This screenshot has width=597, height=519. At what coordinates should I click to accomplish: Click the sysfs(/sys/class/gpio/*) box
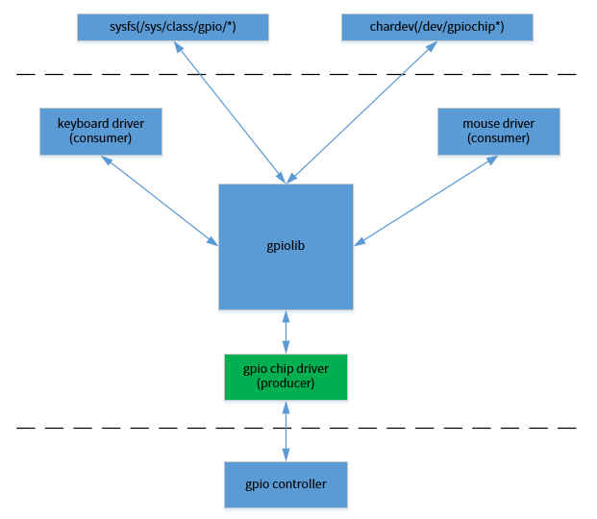pyautogui.click(x=173, y=27)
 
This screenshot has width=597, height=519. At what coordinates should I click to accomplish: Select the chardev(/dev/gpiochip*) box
pyautogui.click(x=436, y=27)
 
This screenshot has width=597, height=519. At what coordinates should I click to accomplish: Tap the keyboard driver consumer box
pyautogui.click(x=100, y=131)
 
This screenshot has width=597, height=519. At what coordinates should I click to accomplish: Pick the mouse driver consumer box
pyautogui.click(x=498, y=131)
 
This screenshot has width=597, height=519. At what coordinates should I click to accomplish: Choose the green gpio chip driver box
pyautogui.click(x=286, y=377)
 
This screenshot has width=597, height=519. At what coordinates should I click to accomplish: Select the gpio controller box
pyautogui.click(x=286, y=484)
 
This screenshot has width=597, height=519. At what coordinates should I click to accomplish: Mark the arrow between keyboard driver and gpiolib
pyautogui.click(x=160, y=199)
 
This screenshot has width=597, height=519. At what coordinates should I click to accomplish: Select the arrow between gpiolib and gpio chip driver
pyautogui.click(x=286, y=332)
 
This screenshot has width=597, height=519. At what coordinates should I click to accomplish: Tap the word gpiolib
pyautogui.click(x=286, y=246)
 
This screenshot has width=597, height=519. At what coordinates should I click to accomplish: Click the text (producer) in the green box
pyautogui.click(x=286, y=383)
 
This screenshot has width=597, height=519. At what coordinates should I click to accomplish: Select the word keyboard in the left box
pyautogui.click(x=84, y=124)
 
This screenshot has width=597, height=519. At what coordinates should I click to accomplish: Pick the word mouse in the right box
pyautogui.click(x=481, y=124)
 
